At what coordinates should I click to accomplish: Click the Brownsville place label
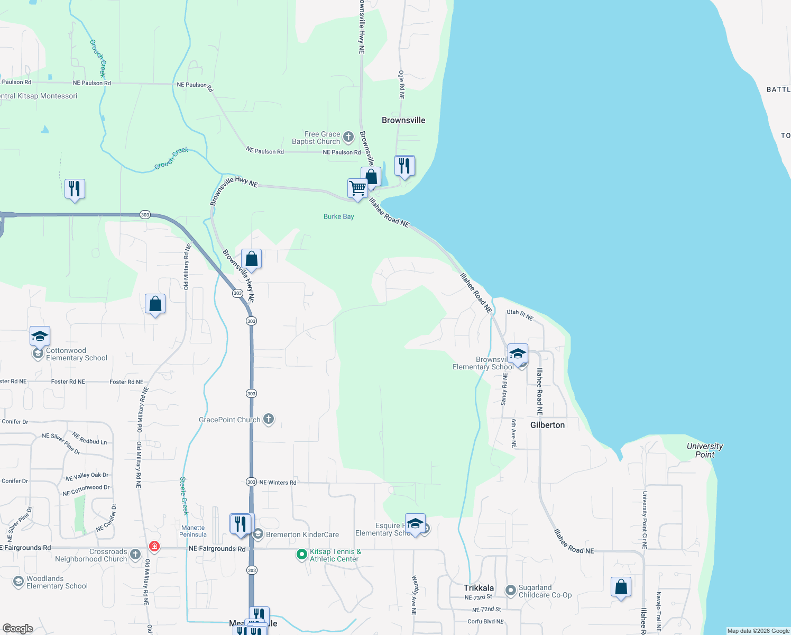(x=403, y=120)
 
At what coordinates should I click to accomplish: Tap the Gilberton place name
(x=547, y=425)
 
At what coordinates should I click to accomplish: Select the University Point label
(x=704, y=450)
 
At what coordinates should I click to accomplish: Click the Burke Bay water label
(x=338, y=216)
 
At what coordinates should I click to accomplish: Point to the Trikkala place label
(x=479, y=588)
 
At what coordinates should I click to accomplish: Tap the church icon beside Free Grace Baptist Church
(x=348, y=138)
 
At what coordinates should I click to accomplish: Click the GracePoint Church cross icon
(x=269, y=420)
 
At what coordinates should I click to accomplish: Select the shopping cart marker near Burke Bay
(x=357, y=188)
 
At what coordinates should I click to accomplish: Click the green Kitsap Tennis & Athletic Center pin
(x=301, y=555)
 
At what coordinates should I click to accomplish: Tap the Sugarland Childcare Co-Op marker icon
(x=510, y=591)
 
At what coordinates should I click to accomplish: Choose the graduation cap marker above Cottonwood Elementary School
(x=40, y=336)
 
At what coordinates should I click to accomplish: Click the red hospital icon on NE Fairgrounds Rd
(x=154, y=546)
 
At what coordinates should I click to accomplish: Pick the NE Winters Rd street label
(x=278, y=483)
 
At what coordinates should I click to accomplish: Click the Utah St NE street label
(x=520, y=315)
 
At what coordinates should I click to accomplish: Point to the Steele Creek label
(x=184, y=495)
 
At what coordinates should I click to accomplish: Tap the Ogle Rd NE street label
(x=401, y=85)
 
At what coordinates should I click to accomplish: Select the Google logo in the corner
(x=17, y=628)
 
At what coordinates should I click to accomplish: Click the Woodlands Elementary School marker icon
(x=19, y=582)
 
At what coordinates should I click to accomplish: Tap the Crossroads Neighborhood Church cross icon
(x=135, y=555)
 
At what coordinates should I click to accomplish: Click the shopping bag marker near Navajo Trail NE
(x=621, y=587)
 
